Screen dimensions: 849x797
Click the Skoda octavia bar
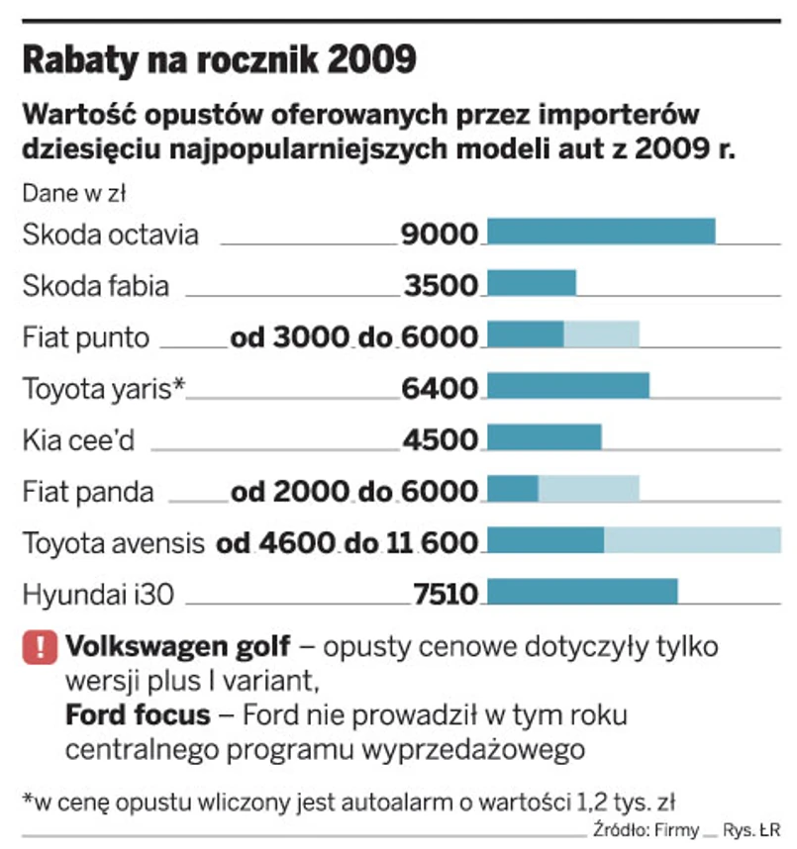click(602, 231)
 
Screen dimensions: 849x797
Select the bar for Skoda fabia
click(533, 282)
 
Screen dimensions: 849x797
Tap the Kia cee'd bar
click(545, 436)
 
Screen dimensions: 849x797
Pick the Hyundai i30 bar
click(583, 591)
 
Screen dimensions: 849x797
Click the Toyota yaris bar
click(569, 385)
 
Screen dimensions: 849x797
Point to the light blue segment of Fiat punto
click(601, 333)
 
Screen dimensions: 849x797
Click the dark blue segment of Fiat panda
click(514, 488)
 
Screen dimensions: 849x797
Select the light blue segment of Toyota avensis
click(692, 539)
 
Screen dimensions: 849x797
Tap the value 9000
click(441, 235)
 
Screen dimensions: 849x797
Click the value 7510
click(446, 595)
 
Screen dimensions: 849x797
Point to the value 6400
click(441, 389)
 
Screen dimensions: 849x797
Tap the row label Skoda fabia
click(95, 286)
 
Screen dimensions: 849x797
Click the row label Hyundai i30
click(91, 595)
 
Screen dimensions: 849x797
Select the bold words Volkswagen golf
click(178, 647)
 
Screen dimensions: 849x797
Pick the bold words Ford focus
click(138, 714)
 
